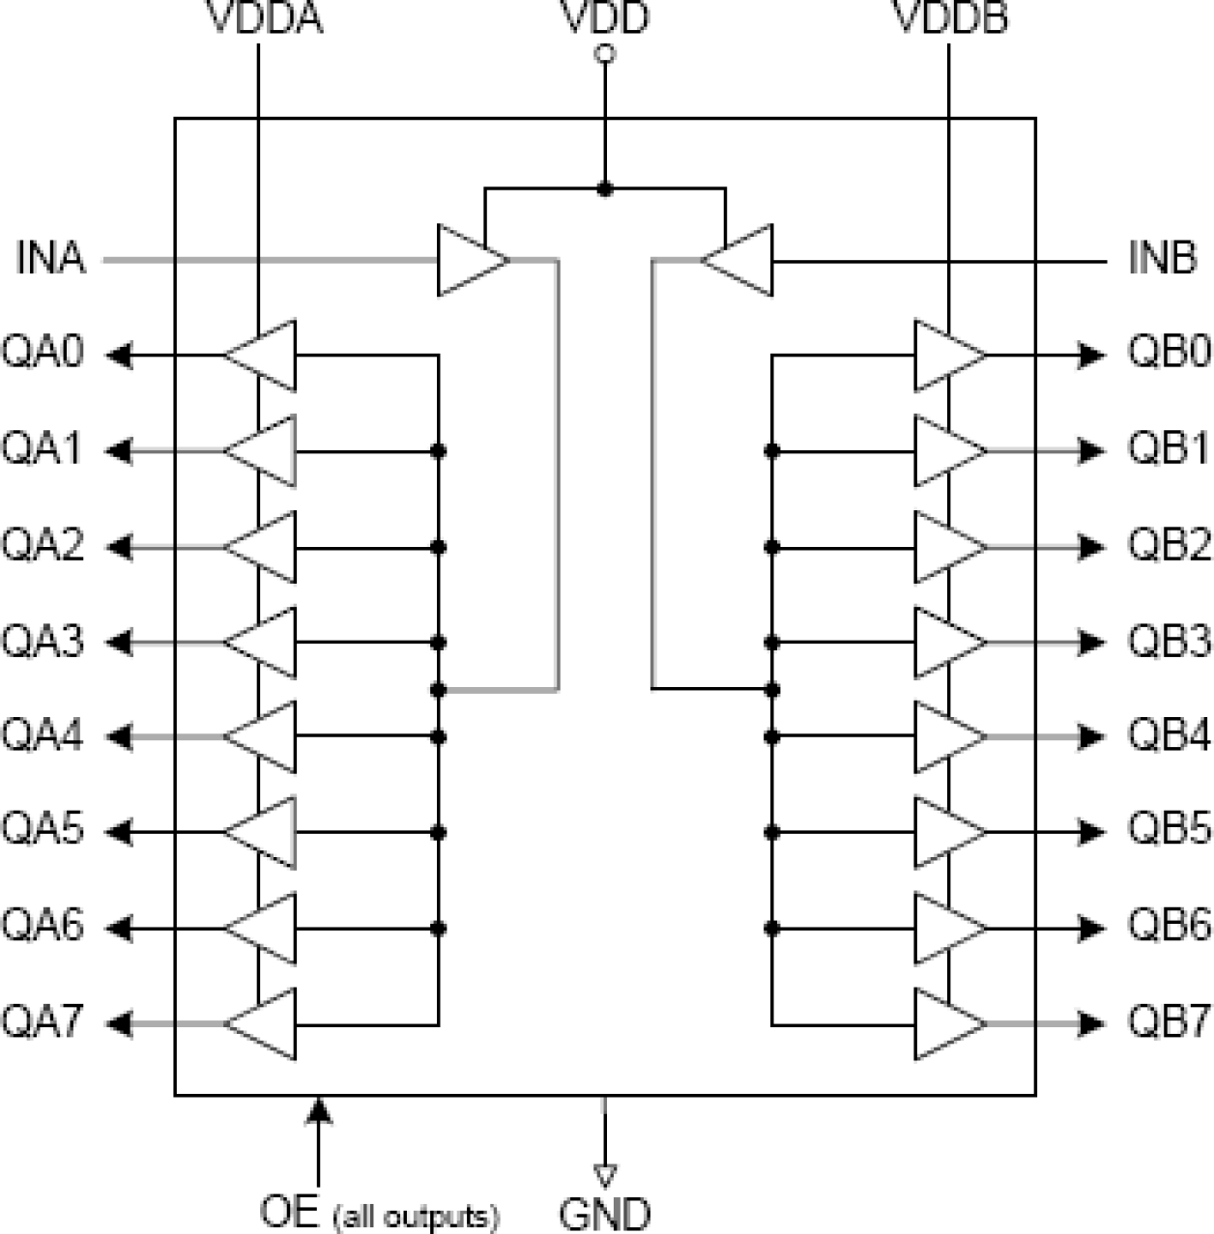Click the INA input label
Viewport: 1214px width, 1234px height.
tap(50, 259)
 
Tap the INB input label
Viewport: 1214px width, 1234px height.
tap(1162, 259)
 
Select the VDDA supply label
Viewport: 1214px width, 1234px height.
tap(266, 17)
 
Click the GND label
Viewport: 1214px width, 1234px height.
tap(605, 1214)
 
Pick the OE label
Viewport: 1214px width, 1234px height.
tap(289, 1212)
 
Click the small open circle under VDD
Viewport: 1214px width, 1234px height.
tap(605, 55)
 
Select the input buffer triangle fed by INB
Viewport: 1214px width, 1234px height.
tap(738, 260)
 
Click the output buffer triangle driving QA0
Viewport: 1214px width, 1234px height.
tap(262, 356)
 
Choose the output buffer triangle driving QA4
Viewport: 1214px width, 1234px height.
tap(262, 737)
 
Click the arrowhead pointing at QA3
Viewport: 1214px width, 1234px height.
tap(119, 642)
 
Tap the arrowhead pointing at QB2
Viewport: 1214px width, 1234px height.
tap(1092, 548)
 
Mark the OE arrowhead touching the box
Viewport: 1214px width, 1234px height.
tap(319, 1111)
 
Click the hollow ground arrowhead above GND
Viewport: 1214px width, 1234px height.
tap(605, 1175)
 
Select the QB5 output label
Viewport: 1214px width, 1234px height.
tap(1169, 831)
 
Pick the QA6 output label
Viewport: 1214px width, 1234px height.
tap(43, 926)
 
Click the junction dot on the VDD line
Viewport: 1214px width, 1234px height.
tap(605, 189)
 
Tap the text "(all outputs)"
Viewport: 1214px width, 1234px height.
tap(417, 1216)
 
